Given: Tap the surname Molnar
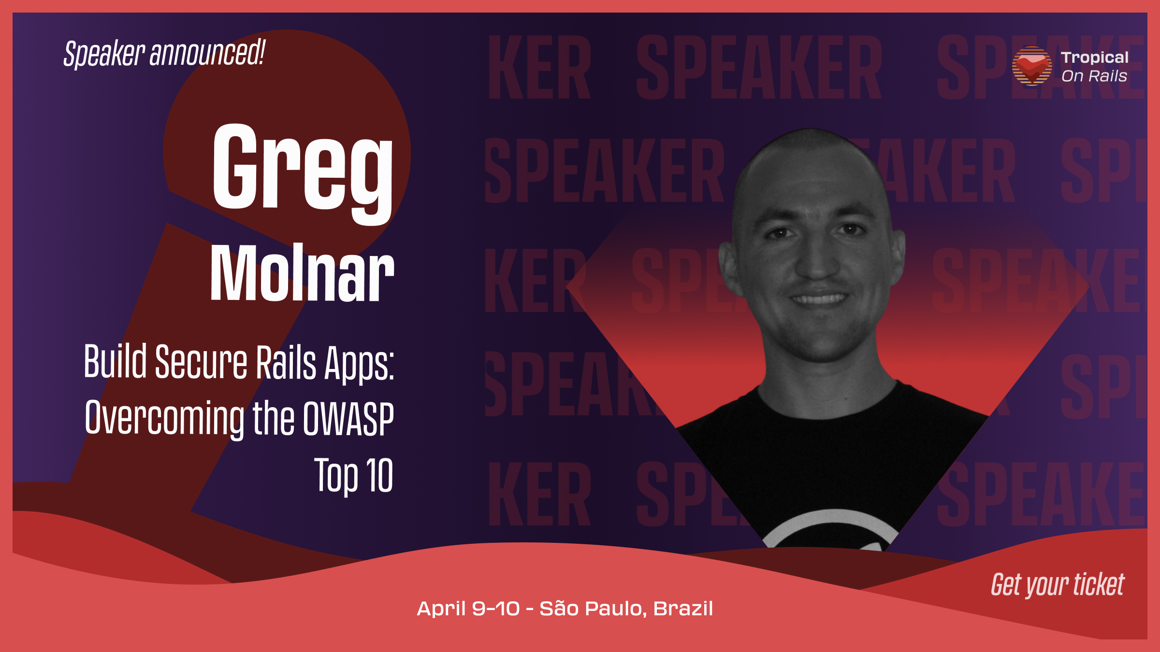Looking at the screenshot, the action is tap(302, 272).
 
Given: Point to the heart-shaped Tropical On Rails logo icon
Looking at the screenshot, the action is tap(1032, 66).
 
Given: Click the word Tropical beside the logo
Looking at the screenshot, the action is tap(1095, 58).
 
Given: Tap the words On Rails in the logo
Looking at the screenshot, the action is tap(1094, 76).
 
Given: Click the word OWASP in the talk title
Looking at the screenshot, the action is tap(348, 419).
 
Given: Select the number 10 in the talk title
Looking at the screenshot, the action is tap(379, 475).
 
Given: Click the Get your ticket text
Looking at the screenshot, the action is tap(1058, 585).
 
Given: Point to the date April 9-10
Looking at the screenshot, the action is tap(468, 609).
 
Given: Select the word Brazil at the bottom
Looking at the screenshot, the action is tap(683, 609).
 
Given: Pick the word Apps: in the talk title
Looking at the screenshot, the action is tap(360, 364).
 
